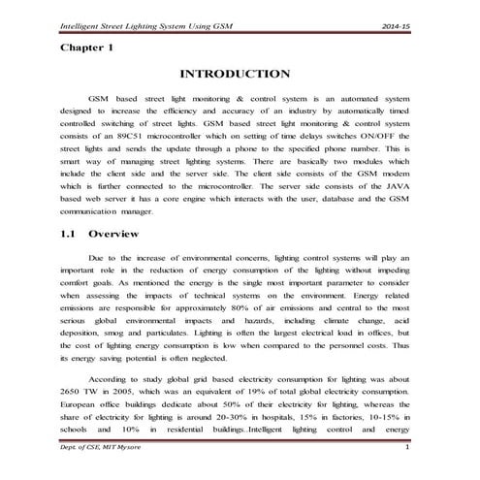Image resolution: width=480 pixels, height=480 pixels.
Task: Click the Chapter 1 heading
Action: click(x=88, y=46)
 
